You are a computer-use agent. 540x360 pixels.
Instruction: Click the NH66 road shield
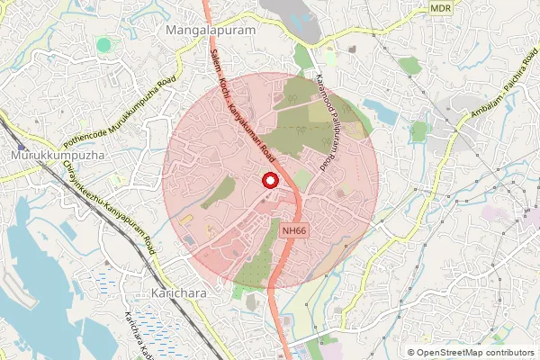[292, 230]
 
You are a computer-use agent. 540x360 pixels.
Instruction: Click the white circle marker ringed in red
[269, 181]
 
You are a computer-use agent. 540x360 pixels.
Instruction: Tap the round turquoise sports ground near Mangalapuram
[104, 44]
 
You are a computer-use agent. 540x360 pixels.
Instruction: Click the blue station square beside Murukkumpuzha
[21, 144]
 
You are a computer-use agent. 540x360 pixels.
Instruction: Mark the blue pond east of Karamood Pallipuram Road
[379, 112]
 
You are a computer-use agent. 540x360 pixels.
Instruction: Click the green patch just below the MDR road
[409, 65]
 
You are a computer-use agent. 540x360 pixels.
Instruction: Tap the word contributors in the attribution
[508, 353]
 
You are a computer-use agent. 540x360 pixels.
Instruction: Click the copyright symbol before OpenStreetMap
[411, 353]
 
